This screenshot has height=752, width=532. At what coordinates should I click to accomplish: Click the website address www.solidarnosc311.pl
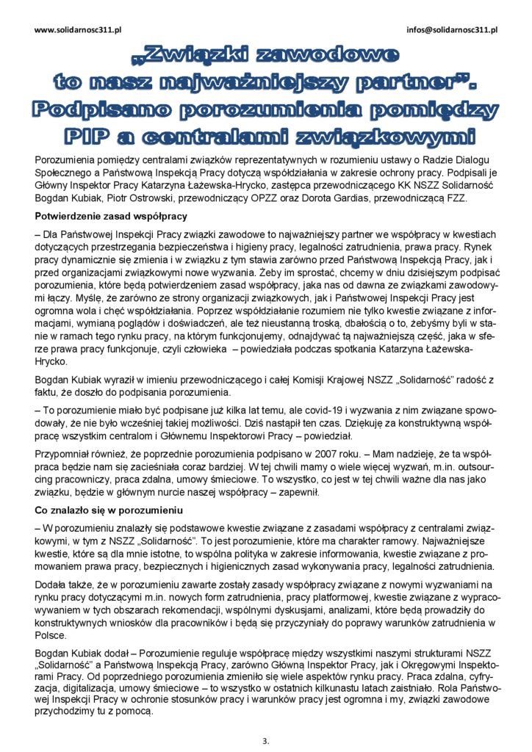point(78,30)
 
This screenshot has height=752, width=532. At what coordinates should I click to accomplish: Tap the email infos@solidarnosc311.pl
point(452,30)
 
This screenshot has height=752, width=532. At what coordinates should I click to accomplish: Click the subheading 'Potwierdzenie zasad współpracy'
point(111,216)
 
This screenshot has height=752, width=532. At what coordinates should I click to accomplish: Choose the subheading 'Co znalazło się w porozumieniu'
point(109,510)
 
